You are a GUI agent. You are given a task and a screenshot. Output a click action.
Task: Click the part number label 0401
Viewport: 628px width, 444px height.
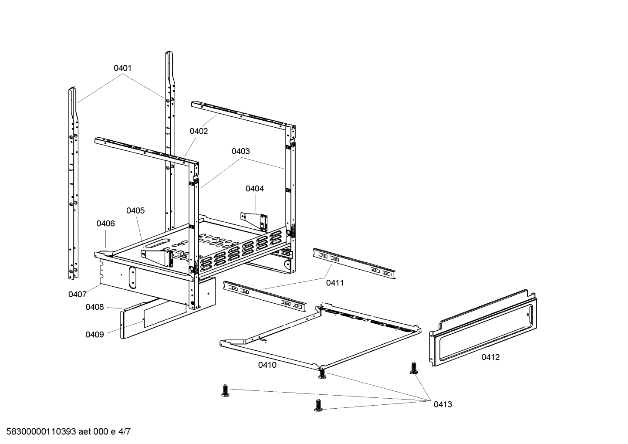coord(122,68)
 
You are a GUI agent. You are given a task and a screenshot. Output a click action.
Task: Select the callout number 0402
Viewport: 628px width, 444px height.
coord(199,131)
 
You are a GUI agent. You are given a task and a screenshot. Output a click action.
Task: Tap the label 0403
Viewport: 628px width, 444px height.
coord(240,151)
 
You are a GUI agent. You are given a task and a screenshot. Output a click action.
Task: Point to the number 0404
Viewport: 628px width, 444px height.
coord(254,189)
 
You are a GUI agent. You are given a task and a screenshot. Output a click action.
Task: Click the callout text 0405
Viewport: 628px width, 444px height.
coord(135,210)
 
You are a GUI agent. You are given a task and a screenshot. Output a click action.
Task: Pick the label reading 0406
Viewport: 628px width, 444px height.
coord(105,224)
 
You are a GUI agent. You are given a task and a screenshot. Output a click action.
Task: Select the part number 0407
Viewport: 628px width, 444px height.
coord(77,294)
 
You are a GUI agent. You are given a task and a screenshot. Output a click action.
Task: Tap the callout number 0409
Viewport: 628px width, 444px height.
coord(95,335)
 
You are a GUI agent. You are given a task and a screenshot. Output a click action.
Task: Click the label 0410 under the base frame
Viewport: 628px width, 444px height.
coord(267,365)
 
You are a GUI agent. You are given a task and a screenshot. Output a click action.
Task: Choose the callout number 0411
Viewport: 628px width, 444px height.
coord(335,283)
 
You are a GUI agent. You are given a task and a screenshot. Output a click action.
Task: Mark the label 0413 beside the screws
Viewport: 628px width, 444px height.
coord(442,404)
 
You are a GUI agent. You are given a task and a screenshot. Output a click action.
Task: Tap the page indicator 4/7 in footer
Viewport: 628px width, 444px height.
coord(125,432)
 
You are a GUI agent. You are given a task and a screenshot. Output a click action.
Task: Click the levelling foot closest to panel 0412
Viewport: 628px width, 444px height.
coord(413,368)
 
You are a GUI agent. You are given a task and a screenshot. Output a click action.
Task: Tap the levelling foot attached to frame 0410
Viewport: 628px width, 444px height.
coord(322,373)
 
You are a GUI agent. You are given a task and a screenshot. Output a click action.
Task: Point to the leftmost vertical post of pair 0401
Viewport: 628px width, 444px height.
coord(73,183)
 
